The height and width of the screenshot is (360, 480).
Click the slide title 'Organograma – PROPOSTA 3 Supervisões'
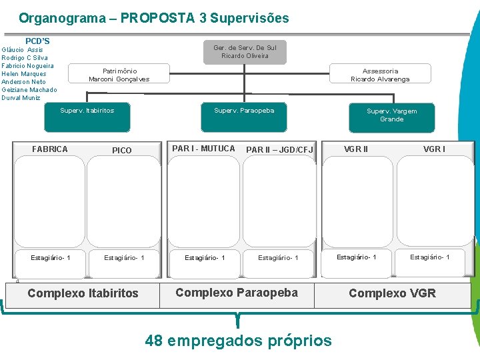(x=154, y=18)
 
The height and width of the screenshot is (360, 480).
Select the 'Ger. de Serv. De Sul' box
(x=245, y=51)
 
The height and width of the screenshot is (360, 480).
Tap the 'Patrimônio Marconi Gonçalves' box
(x=119, y=75)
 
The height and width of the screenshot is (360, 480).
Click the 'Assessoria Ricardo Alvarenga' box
(x=380, y=75)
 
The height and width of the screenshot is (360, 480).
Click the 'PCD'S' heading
(x=37, y=41)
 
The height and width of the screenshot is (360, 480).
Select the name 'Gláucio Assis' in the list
(x=22, y=50)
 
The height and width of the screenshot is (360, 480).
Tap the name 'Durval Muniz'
(x=21, y=98)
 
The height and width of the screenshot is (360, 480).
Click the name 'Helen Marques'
(x=24, y=74)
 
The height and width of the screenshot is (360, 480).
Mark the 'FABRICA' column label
(x=50, y=149)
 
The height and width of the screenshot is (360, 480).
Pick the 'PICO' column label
(x=122, y=151)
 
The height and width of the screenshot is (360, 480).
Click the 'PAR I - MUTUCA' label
(x=204, y=149)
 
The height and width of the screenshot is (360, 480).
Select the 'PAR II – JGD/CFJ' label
(x=279, y=150)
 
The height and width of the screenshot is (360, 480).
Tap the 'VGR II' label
(x=356, y=149)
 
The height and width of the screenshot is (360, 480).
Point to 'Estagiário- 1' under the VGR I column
(x=429, y=257)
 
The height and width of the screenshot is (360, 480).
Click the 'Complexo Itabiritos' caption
(x=83, y=293)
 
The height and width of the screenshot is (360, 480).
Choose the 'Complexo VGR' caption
(x=392, y=293)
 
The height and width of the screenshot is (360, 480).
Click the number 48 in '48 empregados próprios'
(x=154, y=341)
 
